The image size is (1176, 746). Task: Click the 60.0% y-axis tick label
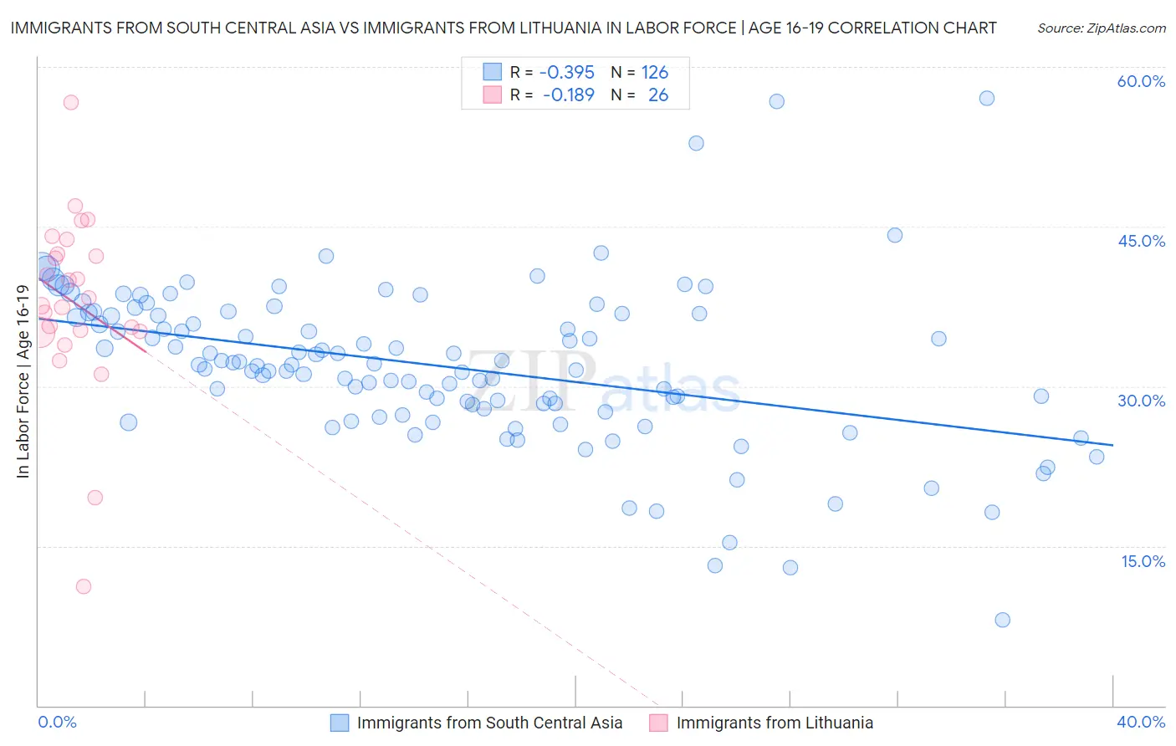1141,81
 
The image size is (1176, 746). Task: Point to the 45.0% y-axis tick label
1141,241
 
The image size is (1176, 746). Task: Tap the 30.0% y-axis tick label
1141,401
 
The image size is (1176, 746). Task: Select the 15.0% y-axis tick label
1143,560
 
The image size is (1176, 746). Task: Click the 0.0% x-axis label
57,722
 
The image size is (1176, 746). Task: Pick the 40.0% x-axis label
1141,722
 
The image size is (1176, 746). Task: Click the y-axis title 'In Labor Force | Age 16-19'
23,381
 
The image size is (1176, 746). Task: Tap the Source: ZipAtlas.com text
1101,28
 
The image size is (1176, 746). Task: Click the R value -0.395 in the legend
566,72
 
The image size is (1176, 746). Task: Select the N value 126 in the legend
655,72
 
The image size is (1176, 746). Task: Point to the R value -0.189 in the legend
568,95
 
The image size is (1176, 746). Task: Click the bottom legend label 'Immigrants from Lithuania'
775,723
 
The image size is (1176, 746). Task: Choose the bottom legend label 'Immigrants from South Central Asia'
489,723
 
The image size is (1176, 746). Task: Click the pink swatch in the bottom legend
658,723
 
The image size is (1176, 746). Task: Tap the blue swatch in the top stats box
492,72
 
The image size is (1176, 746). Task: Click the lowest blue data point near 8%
1002,620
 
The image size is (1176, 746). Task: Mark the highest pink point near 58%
71,102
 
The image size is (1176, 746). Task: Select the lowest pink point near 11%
84,586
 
